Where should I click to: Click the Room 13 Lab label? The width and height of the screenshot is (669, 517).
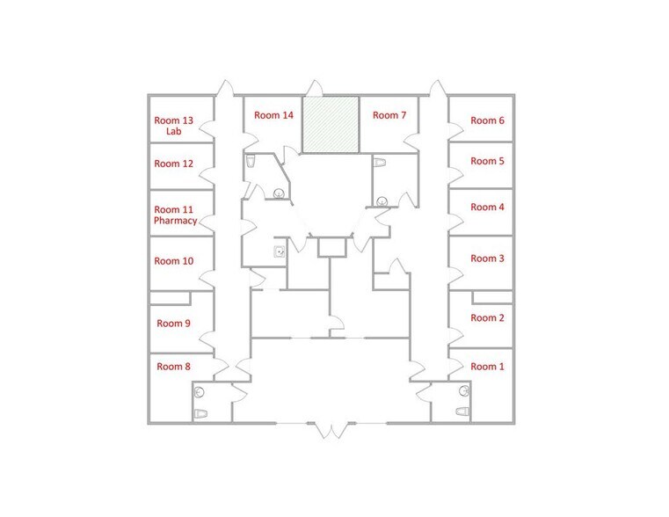click(173, 126)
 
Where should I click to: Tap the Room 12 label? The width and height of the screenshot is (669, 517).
click(173, 164)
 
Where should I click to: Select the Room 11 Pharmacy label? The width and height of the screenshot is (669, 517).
click(175, 215)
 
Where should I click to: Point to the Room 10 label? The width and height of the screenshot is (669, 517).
click(173, 261)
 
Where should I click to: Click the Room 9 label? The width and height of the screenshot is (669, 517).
click(172, 324)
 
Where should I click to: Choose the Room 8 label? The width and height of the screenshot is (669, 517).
click(172, 367)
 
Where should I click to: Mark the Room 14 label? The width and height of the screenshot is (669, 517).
click(273, 115)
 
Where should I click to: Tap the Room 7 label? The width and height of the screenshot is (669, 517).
click(389, 115)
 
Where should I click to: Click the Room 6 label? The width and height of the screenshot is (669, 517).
click(487, 120)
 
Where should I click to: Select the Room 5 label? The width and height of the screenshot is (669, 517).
click(487, 161)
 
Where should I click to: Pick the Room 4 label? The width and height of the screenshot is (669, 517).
click(487, 208)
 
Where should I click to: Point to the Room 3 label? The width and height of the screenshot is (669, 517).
click(487, 258)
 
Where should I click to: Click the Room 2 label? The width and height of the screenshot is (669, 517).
click(487, 318)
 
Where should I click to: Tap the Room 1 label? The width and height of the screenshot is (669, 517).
click(487, 367)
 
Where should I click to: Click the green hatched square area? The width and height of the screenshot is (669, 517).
click(331, 124)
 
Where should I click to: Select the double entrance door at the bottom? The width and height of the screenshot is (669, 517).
click(331, 429)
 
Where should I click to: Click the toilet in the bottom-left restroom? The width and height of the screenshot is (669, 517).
click(200, 412)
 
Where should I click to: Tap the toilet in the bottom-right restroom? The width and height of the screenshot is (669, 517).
click(462, 411)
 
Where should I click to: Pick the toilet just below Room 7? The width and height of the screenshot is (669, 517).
click(381, 164)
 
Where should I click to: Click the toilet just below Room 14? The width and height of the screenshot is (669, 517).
click(251, 161)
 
